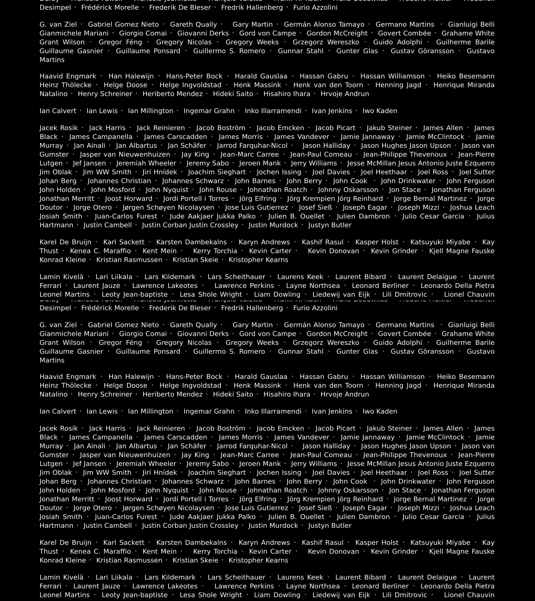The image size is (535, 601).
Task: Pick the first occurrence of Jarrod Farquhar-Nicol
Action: tap(252, 146)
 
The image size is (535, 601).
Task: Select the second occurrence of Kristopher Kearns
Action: tap(258, 560)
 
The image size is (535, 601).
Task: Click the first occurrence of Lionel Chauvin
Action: tap(469, 294)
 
